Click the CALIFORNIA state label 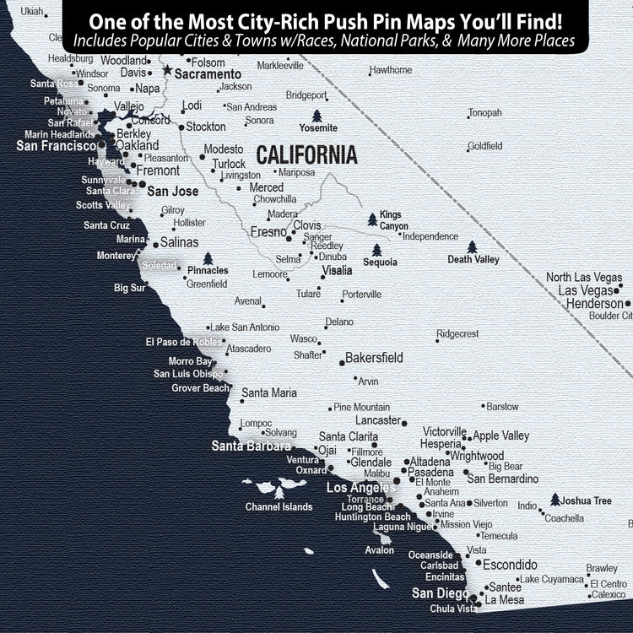click(306, 155)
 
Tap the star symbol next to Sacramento click(167, 71)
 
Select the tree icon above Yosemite click(317, 116)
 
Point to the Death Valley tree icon click(473, 246)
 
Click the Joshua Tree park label click(587, 501)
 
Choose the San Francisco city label click(57, 146)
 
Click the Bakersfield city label click(374, 358)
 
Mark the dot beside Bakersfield click(342, 362)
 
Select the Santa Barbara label click(251, 446)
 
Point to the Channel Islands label click(279, 507)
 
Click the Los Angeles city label click(360, 488)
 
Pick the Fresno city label click(268, 232)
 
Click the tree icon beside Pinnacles click(207, 258)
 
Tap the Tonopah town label click(484, 113)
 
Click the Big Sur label click(130, 288)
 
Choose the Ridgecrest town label click(457, 334)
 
